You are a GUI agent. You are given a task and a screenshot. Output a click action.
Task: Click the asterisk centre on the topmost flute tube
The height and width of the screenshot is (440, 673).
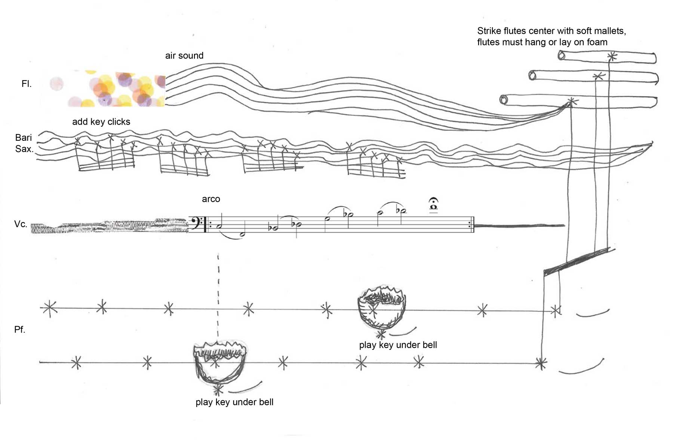coord(612,57)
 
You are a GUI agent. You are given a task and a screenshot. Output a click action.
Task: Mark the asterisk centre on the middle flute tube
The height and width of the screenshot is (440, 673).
coord(599,76)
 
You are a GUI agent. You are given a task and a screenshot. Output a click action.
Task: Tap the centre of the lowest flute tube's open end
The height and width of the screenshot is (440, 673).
coord(504,100)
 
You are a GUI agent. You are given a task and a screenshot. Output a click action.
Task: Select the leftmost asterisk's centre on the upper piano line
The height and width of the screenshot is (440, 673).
coord(49,308)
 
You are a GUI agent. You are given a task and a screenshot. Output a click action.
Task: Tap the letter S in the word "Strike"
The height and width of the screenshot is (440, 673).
coord(480,31)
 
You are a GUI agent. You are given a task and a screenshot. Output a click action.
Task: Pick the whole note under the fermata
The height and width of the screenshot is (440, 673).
coord(434,207)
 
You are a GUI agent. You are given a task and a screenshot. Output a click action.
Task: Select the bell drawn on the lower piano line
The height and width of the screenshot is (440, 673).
coord(219,362)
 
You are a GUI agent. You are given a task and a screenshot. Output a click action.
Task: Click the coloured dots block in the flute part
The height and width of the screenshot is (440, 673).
coord(108,88)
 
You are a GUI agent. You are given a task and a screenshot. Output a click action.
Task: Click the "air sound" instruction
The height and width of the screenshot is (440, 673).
coord(184,56)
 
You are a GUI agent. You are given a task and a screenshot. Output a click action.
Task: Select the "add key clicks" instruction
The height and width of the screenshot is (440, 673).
coord(101,122)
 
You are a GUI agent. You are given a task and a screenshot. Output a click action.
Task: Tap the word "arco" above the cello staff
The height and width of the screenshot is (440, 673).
coord(211,199)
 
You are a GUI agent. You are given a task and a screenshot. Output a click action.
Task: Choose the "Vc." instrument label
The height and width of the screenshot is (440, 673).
coord(21,224)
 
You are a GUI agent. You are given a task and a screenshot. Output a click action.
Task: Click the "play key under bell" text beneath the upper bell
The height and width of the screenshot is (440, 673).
coord(398,345)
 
